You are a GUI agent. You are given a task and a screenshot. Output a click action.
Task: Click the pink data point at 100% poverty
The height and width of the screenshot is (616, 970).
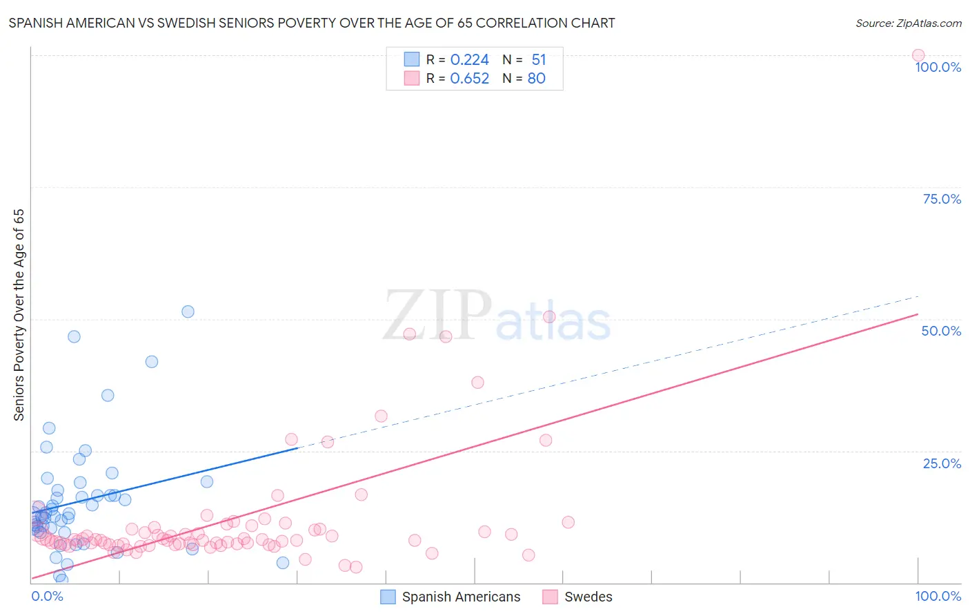click(x=918, y=55)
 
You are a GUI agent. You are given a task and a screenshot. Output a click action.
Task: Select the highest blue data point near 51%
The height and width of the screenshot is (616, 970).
click(x=188, y=311)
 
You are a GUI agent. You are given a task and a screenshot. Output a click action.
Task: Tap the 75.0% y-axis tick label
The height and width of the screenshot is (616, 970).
click(x=942, y=199)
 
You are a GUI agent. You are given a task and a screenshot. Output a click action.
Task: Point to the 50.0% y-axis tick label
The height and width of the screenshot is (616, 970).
click(x=941, y=331)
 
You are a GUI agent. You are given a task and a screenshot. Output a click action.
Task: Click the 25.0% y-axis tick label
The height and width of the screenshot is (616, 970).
click(x=942, y=463)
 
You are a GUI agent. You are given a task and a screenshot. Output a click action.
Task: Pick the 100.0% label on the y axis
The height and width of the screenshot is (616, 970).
click(x=938, y=67)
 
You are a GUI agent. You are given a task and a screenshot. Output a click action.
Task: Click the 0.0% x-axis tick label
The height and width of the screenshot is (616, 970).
click(x=47, y=596)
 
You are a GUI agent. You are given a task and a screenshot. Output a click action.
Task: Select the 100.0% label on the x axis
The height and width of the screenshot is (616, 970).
click(x=938, y=596)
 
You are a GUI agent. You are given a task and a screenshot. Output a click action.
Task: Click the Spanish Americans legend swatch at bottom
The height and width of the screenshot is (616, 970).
click(x=388, y=597)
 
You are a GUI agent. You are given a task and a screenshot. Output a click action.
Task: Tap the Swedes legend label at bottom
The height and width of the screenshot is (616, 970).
click(x=588, y=597)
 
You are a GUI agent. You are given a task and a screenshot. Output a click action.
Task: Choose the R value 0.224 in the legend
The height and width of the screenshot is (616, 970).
click(x=469, y=59)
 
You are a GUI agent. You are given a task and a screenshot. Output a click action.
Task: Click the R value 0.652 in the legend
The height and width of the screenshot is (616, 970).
click(x=469, y=78)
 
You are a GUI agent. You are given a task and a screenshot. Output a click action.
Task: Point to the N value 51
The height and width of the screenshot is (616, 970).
click(x=539, y=59)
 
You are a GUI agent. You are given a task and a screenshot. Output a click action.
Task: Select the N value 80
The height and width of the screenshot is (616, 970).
click(x=536, y=78)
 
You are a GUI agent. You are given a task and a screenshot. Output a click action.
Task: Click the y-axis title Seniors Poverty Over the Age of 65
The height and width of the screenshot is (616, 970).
click(x=19, y=315)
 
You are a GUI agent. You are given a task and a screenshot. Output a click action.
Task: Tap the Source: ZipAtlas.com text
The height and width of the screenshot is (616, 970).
click(x=908, y=23)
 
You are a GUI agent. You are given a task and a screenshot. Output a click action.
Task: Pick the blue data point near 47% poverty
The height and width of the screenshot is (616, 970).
click(x=74, y=336)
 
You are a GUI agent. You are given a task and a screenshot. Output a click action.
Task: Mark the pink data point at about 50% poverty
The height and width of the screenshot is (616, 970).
click(x=549, y=317)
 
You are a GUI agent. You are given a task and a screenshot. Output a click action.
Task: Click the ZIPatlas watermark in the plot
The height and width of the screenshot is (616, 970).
click(x=497, y=317)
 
